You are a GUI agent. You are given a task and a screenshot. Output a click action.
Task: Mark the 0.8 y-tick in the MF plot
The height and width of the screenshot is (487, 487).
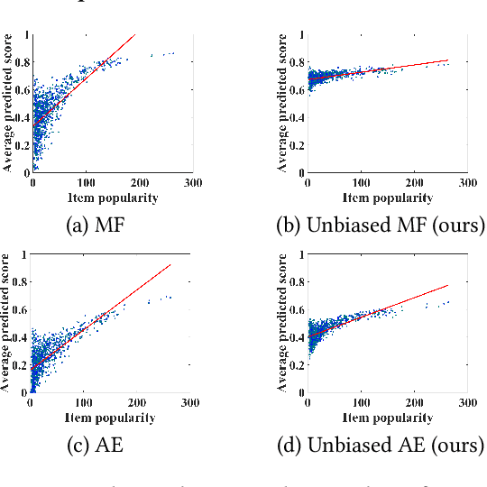20,63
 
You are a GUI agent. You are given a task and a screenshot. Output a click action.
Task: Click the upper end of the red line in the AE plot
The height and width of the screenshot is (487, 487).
170,264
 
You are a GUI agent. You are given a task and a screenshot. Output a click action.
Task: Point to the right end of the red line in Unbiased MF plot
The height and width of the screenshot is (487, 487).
448,60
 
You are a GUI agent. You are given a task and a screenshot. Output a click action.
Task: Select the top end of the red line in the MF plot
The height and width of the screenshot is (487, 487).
134,35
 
